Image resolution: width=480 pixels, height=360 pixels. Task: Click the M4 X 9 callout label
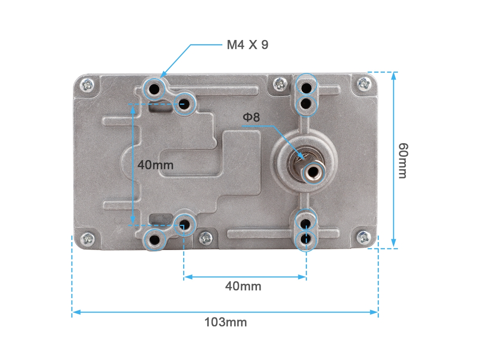pos(247,45)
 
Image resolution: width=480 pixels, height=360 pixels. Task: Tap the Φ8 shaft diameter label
pos(251,117)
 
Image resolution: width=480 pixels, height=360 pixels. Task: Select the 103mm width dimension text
pos(226,322)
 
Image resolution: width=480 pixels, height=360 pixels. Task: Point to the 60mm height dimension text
pos(403,160)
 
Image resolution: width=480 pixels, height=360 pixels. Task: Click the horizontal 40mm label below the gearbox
pos(243,286)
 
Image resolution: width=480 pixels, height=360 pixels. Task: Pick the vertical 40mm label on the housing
pos(155,165)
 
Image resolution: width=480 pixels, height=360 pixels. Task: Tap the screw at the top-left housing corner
pos(88,85)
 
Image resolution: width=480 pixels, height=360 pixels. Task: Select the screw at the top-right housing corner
pos(364,83)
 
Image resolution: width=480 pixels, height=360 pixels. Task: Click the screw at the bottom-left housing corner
pos(88,238)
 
